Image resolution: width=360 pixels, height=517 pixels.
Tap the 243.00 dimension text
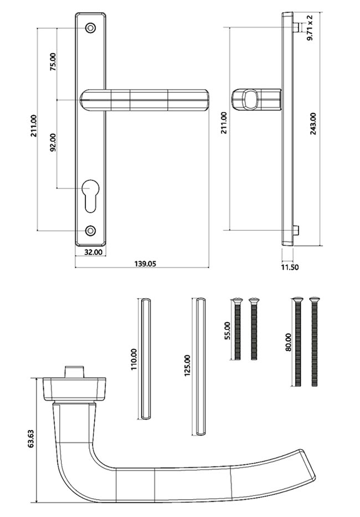click(x=313, y=127)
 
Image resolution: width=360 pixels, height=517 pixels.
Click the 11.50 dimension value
click(x=289, y=267)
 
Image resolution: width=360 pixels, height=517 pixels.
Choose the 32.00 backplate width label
click(x=92, y=252)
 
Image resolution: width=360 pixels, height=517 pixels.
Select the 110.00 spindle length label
click(x=133, y=360)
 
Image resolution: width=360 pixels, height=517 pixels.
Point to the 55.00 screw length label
click(x=226, y=332)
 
